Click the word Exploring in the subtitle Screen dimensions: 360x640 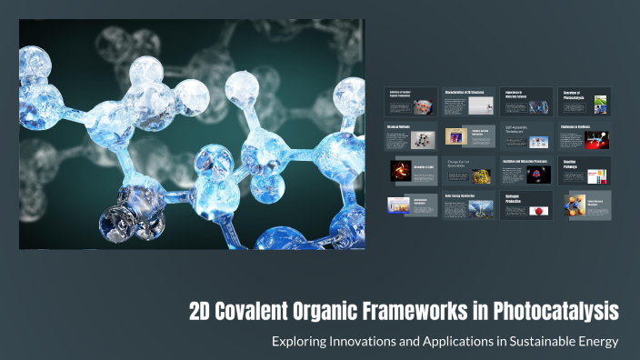coord(300,342)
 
